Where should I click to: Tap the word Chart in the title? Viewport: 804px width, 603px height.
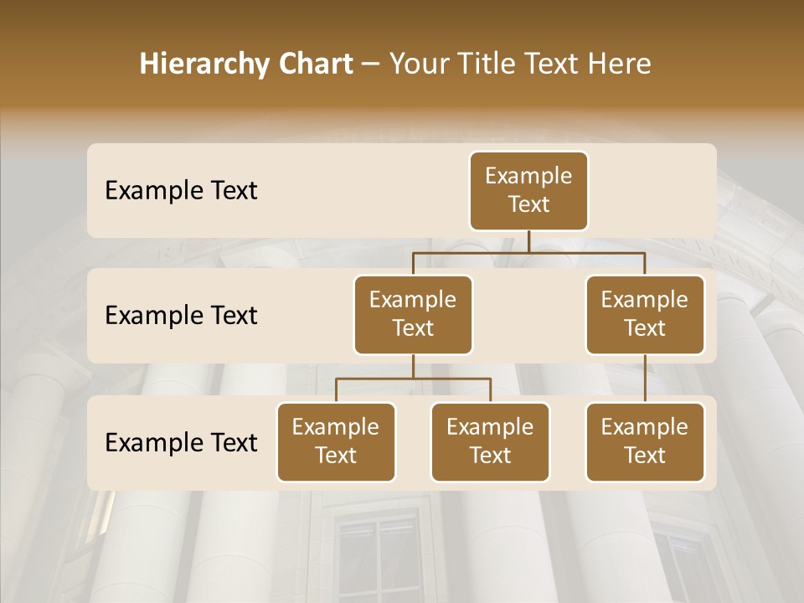coord(314,64)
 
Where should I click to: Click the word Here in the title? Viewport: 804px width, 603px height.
coord(619,64)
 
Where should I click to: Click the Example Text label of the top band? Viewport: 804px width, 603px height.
coord(181,191)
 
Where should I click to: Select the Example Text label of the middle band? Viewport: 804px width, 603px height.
coord(181,316)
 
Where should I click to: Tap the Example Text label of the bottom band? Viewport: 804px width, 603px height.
coord(181,443)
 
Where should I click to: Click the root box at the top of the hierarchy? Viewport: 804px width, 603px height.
coord(528,191)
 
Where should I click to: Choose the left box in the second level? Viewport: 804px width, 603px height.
coord(413,315)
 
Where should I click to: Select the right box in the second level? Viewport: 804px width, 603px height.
coord(645,315)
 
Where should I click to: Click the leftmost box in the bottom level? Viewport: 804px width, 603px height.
coord(336,442)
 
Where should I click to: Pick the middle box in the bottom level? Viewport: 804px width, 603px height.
coord(490,442)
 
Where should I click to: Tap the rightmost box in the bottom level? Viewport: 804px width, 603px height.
coord(645,442)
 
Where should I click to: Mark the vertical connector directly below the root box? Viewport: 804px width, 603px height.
coord(528,240)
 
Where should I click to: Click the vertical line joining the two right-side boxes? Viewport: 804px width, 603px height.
coord(645,379)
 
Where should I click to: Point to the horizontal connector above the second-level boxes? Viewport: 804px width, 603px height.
coord(528,251)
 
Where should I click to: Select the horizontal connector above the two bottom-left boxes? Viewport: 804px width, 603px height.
coord(413,379)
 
